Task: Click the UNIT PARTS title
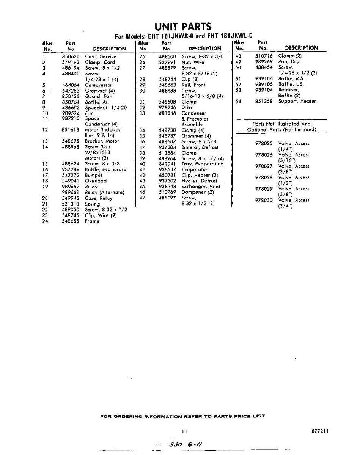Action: pyautogui.click(x=183, y=27)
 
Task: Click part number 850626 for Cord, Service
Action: pyautogui.click(x=70, y=56)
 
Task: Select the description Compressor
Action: pyautogui.click(x=99, y=85)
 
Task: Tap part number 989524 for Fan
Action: pyautogui.click(x=70, y=113)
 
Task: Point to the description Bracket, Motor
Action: pyautogui.click(x=102, y=141)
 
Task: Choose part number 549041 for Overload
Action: pyautogui.click(x=70, y=181)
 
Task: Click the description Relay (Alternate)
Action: pyautogui.click(x=105, y=192)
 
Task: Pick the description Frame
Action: pyautogui.click(x=92, y=221)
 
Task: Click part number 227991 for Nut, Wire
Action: pyautogui.click(x=167, y=62)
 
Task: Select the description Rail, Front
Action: pyautogui.click(x=193, y=85)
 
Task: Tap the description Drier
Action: pyautogui.click(x=187, y=107)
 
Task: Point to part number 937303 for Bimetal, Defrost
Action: pyautogui.click(x=167, y=147)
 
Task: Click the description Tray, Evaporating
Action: pyautogui.click(x=203, y=164)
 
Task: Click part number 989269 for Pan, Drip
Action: pyautogui.click(x=264, y=61)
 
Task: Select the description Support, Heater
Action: pyautogui.click(x=297, y=101)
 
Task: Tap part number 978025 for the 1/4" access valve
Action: pyautogui.click(x=264, y=143)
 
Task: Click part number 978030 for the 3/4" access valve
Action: pyautogui.click(x=264, y=200)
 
